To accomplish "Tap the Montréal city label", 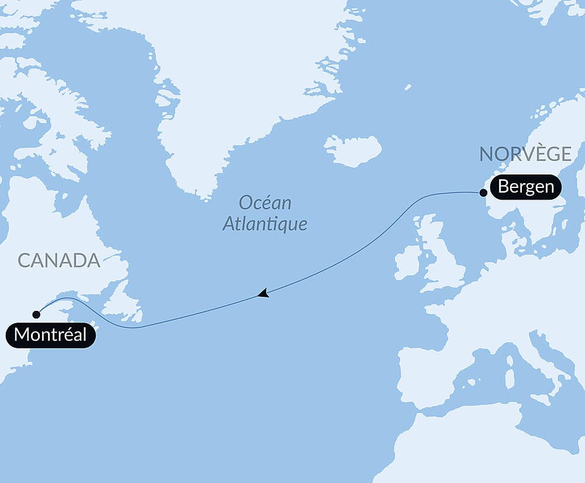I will click(50, 335).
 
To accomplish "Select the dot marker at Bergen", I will click(483, 192).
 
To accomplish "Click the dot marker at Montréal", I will click(36, 314).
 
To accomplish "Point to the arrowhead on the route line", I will click(263, 293).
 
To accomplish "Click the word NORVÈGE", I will click(525, 154).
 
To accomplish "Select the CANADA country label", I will click(59, 261).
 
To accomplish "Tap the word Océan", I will click(265, 203).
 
